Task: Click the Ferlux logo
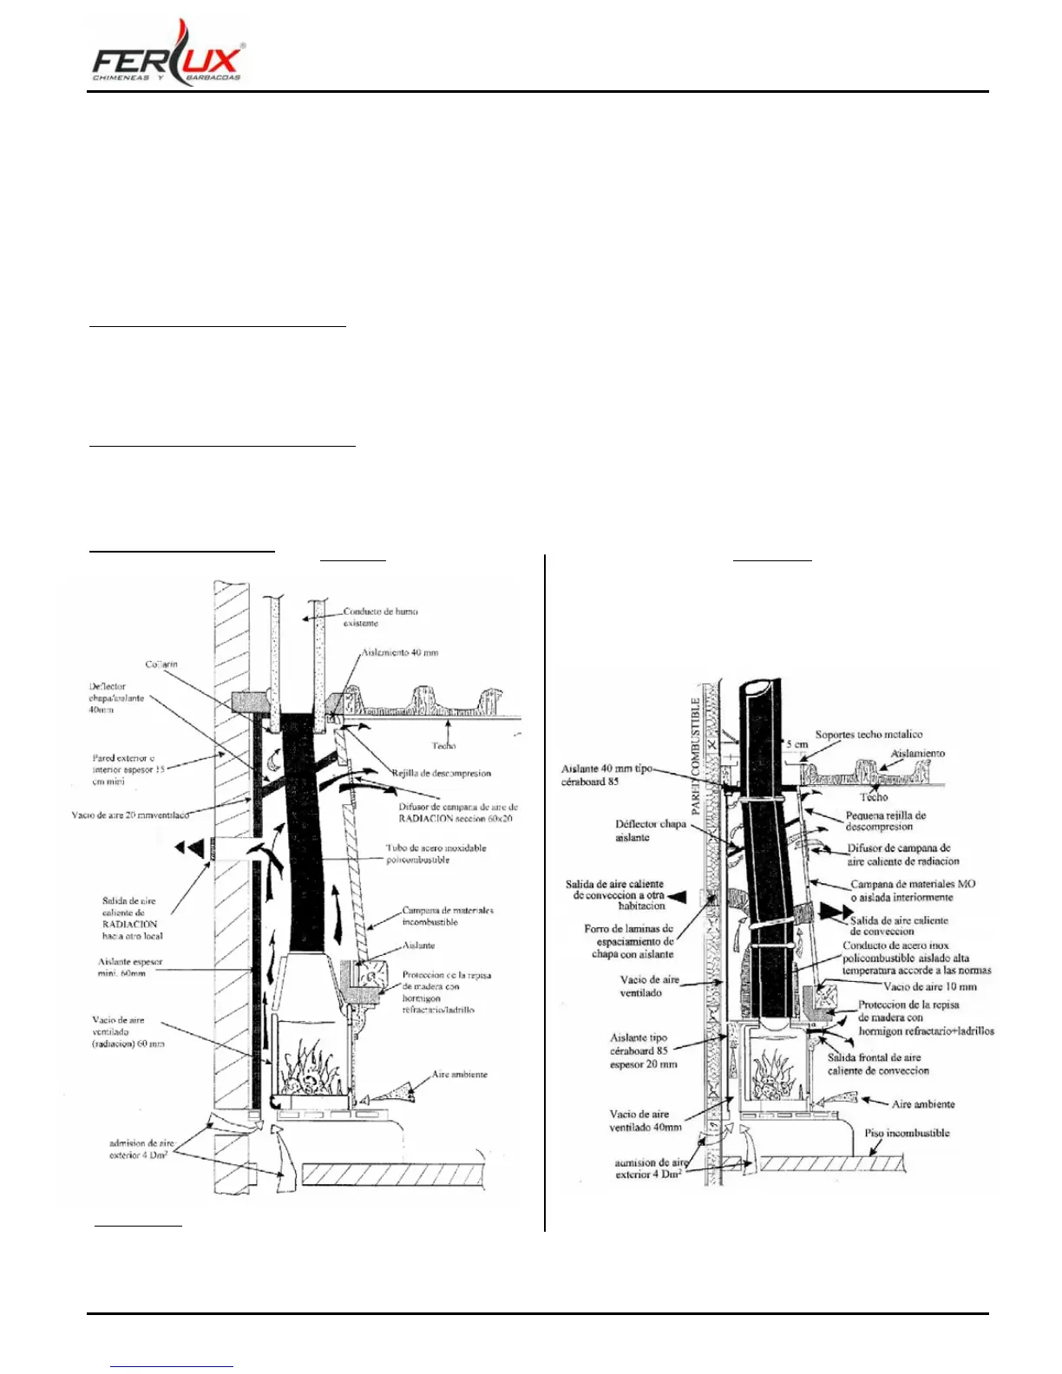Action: [x=167, y=54]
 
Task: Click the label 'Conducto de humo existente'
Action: [x=380, y=617]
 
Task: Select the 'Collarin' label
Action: [x=161, y=664]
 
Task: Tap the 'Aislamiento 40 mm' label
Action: [x=400, y=652]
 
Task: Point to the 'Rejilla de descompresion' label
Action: [x=441, y=773]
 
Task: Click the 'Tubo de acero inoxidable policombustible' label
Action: [x=436, y=854]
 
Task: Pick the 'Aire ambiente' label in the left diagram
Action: [x=460, y=1074]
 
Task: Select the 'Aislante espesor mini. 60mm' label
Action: [x=130, y=967]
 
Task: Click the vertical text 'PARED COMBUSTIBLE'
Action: [x=696, y=755]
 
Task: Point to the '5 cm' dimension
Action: [x=796, y=744]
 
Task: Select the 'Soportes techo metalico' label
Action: [x=868, y=735]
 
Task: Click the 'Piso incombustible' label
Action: [x=907, y=1133]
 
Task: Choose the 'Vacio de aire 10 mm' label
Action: [x=929, y=986]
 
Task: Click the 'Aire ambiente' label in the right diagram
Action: [x=923, y=1104]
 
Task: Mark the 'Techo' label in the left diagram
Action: [x=443, y=746]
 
